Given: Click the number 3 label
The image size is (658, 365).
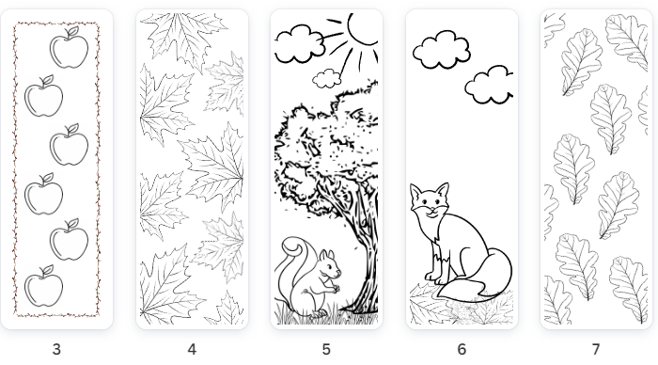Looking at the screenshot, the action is [56, 349].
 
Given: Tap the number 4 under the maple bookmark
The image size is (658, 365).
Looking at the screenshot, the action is [192, 349].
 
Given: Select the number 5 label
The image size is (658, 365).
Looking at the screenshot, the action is [326, 349].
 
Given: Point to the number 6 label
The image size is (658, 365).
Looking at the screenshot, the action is [462, 349].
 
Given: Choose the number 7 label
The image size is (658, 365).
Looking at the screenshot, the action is [596, 349].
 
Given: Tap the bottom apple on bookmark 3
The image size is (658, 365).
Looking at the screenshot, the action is [43, 286].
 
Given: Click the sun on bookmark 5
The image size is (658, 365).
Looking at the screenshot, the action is [364, 28].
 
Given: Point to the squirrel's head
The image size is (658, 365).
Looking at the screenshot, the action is [330, 264].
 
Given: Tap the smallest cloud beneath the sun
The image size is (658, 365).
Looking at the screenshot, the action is [326, 79].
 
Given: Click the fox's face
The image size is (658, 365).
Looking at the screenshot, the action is [430, 200].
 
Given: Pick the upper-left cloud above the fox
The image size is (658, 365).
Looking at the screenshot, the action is [442, 50].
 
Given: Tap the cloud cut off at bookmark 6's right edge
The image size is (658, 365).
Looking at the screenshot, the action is [489, 85].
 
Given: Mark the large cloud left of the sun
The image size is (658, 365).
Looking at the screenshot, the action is [300, 44].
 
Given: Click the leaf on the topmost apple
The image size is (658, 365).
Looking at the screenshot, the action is [73, 31].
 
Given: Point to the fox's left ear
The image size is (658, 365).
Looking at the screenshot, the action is [415, 192].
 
